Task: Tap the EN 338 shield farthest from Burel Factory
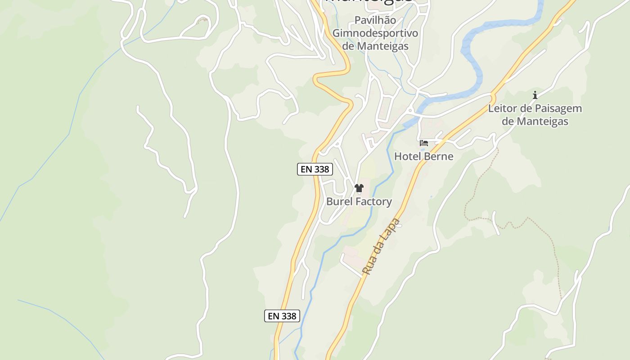[282, 316]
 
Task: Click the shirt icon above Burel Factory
[359, 188]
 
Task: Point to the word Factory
[374, 202]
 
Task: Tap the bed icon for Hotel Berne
[424, 143]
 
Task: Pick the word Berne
[439, 156]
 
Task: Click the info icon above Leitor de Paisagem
[535, 95]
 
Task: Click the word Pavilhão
[375, 20]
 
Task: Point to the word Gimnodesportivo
[375, 33]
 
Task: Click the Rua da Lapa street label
[381, 247]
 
